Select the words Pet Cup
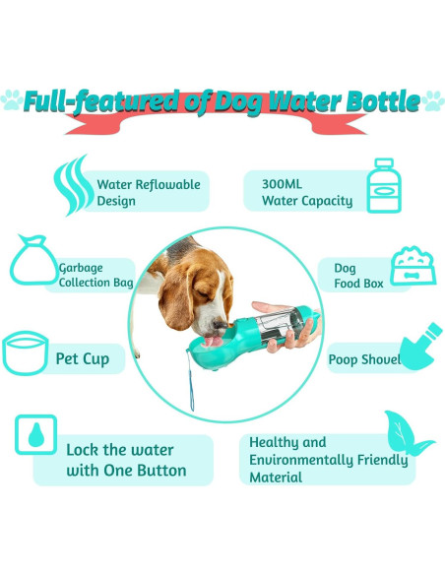(83, 358)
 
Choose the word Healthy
(274, 443)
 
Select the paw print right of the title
(432, 100)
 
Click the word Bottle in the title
(378, 102)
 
